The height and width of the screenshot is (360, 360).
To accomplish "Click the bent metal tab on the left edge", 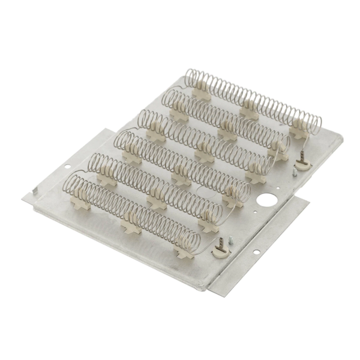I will click(x=35, y=192).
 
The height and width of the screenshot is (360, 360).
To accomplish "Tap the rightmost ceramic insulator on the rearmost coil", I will click(x=296, y=128).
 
